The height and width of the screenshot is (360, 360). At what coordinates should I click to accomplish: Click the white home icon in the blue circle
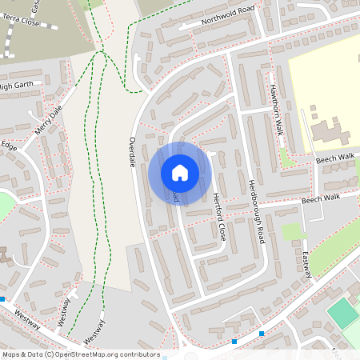click(x=180, y=173)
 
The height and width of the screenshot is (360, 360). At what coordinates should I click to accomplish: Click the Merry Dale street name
click(x=49, y=122)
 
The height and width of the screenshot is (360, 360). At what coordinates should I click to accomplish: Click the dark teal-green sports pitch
click(x=343, y=312)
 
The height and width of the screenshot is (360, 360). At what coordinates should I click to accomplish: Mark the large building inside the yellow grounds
click(x=328, y=132)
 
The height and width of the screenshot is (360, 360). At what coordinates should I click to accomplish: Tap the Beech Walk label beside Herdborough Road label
click(x=320, y=197)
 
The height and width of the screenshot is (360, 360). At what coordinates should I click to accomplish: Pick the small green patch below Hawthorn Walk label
click(x=287, y=158)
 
